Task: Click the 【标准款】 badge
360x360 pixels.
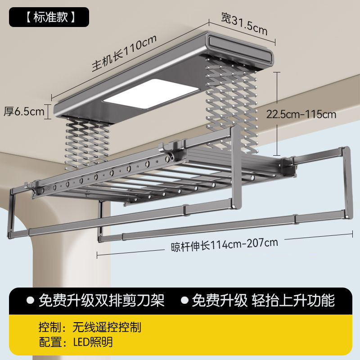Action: pyautogui.click(x=49, y=17)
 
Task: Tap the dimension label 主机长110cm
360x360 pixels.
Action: pyautogui.click(x=124, y=52)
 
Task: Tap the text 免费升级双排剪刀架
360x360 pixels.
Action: pyautogui.click(x=102, y=300)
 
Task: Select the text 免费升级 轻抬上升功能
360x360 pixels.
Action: pyautogui.click(x=263, y=300)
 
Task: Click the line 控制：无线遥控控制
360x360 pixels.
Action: pyautogui.click(x=90, y=327)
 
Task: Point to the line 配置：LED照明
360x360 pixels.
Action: pyautogui.click(x=76, y=342)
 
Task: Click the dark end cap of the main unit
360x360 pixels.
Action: pyautogui.click(x=241, y=49)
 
